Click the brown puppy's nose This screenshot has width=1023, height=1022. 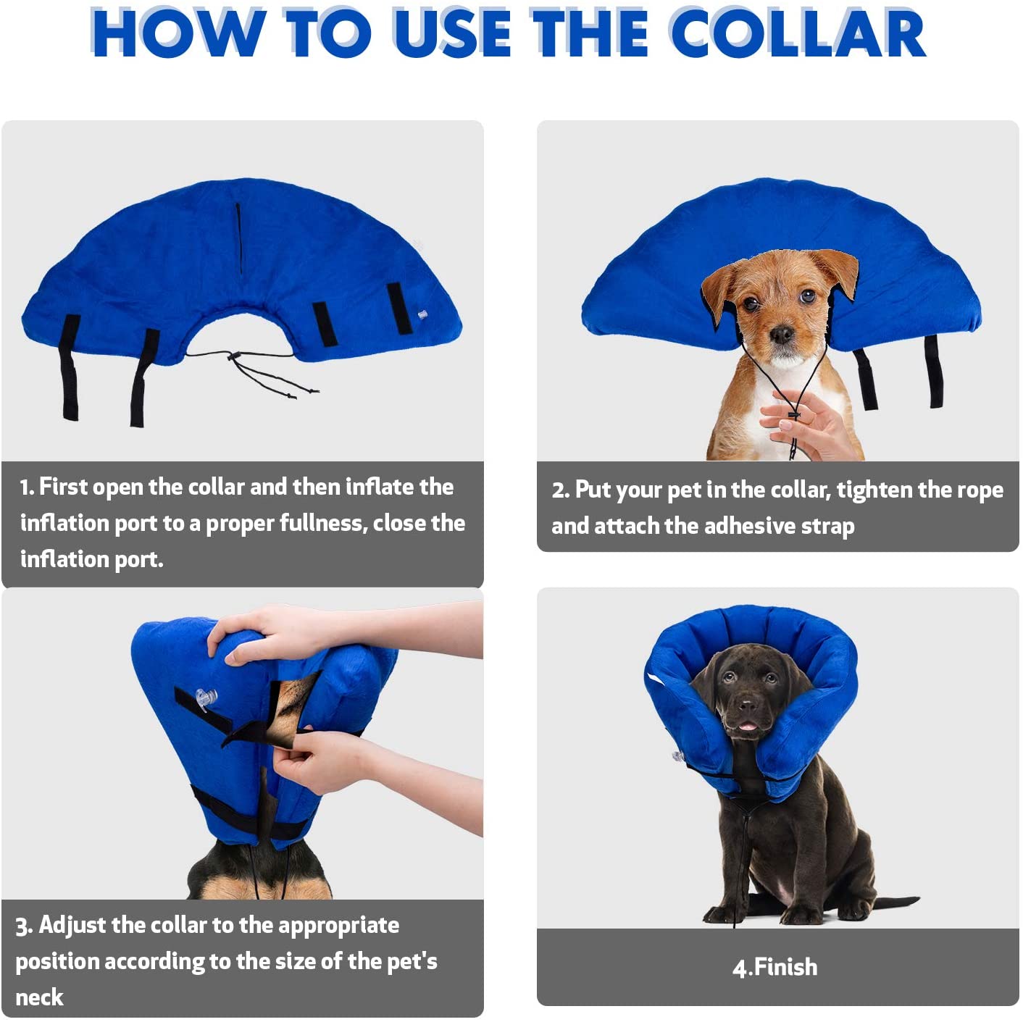click(781, 335)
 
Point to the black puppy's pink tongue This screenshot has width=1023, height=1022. click(747, 726)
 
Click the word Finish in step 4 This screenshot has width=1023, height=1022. click(785, 968)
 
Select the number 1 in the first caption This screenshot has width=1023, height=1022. click(26, 487)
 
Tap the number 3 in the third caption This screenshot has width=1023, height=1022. click(23, 926)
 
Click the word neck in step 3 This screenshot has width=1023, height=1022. click(39, 998)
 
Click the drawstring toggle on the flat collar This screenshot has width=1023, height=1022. click(234, 356)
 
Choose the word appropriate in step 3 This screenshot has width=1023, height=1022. click(338, 926)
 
